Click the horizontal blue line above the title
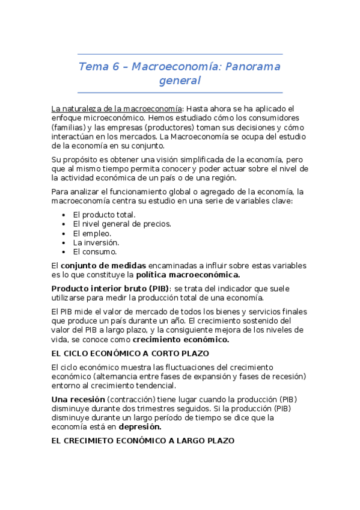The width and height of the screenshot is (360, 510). [180, 54]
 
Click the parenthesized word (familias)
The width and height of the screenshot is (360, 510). [70, 127]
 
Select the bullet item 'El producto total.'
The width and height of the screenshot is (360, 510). [104, 215]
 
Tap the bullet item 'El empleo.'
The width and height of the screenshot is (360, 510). [92, 233]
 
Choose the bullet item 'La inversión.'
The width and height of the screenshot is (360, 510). [96, 242]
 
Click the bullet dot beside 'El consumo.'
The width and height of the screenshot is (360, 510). [64, 252]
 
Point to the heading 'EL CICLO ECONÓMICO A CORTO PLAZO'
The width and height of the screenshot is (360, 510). [130, 353]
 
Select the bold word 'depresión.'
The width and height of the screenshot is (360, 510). [139, 427]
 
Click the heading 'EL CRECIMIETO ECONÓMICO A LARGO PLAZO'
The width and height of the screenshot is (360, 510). [142, 441]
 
